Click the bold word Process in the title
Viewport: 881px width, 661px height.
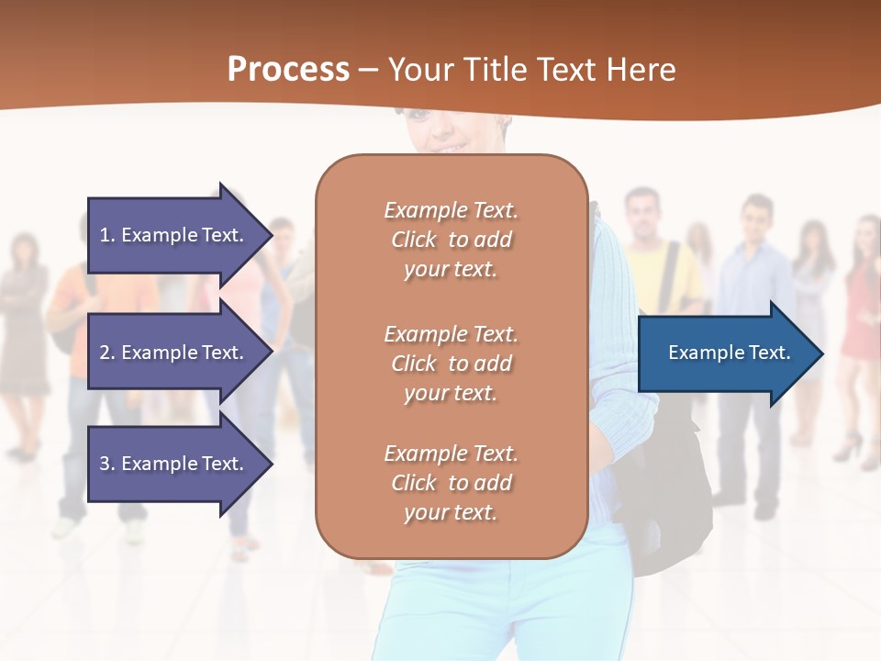(x=288, y=70)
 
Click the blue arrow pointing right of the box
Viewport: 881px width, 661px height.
(x=725, y=353)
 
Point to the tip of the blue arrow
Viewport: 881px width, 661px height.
(x=822, y=353)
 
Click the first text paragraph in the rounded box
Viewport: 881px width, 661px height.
(x=451, y=240)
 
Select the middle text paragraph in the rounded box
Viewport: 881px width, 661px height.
(x=451, y=364)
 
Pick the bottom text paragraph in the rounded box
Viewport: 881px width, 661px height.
(x=451, y=483)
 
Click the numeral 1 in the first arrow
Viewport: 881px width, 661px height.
(x=105, y=235)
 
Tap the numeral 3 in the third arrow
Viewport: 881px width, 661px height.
(x=105, y=464)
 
